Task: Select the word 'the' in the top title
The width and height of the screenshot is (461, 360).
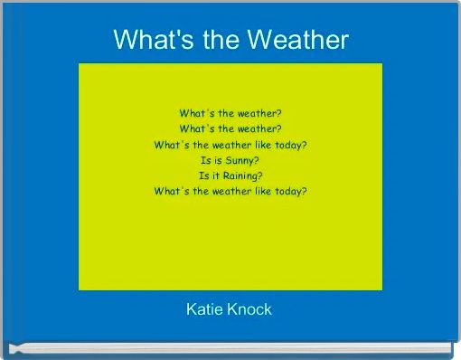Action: [x=214, y=40]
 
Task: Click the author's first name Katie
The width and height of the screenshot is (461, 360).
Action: [x=203, y=309]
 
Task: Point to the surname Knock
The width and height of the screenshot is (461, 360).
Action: [x=249, y=309]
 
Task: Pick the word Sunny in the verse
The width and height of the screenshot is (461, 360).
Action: [x=237, y=160]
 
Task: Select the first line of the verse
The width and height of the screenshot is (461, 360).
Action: [x=230, y=114]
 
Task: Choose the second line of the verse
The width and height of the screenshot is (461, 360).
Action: [x=230, y=129]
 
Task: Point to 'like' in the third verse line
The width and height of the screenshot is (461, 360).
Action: [x=258, y=145]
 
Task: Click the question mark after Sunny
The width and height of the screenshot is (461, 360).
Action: [x=257, y=160]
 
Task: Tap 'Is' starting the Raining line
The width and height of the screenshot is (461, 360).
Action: [x=203, y=175]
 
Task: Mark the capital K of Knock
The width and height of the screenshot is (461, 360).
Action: [x=233, y=309]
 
